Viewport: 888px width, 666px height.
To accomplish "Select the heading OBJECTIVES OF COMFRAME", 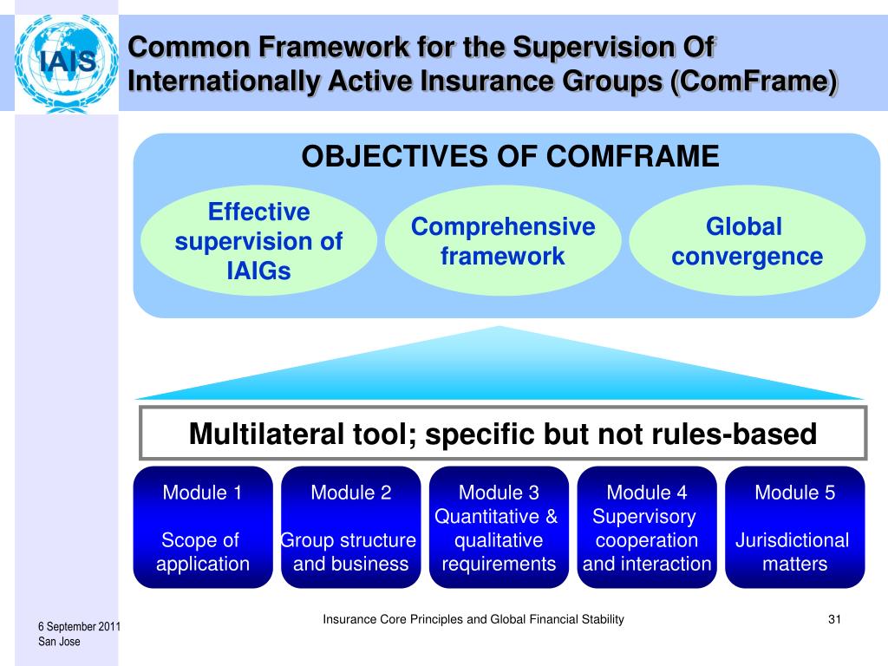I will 510,157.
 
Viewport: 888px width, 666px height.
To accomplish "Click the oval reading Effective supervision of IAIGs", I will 258,242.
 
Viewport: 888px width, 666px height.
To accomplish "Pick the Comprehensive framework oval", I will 503,242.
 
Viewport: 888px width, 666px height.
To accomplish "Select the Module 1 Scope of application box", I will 203,527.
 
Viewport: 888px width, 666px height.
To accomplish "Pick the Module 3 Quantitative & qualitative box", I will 499,527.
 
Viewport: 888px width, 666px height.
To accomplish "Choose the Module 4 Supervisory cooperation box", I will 647,527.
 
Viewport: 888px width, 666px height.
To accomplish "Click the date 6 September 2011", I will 79,627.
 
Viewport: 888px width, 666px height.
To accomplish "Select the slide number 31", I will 836,619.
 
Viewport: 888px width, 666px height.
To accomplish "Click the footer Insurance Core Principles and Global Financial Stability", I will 473,619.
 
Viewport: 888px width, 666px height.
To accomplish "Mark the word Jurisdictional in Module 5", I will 793,541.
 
